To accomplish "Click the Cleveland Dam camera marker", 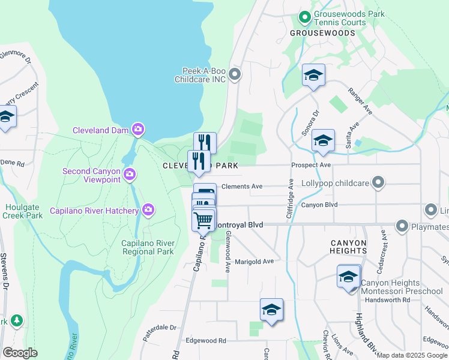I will click(139, 130).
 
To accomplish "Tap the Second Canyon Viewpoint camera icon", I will click(129, 175).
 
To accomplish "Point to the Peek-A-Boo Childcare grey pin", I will click(235, 74).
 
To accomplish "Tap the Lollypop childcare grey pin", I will click(378, 181).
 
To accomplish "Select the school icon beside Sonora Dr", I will click(313, 75).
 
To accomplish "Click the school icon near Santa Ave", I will click(323, 140).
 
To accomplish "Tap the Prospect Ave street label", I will click(311, 165).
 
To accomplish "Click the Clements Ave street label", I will click(242, 187).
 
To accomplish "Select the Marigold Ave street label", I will click(254, 261).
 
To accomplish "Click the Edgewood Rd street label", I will click(205, 340).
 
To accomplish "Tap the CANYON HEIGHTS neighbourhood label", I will click(348, 247).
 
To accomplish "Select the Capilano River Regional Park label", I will click(148, 247).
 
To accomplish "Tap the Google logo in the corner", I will click(20, 353).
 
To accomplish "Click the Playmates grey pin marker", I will click(402, 226).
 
